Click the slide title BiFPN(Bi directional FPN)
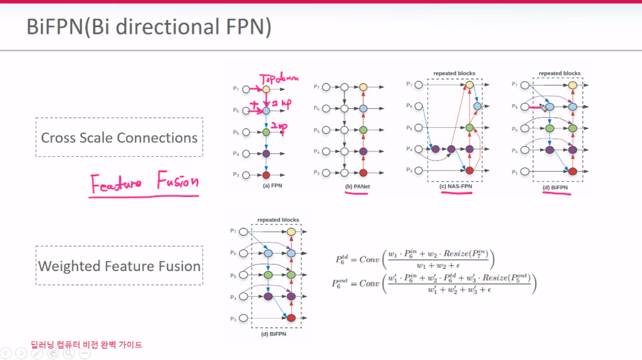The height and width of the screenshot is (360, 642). (x=149, y=28)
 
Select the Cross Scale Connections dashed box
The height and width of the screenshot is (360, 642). (x=119, y=137)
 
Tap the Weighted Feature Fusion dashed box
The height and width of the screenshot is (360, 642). (x=119, y=266)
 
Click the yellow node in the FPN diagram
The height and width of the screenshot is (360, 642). (x=266, y=89)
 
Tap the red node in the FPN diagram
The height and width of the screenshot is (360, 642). (x=266, y=175)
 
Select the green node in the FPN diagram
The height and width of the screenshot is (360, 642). (x=266, y=131)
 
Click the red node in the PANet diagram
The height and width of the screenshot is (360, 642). (x=363, y=173)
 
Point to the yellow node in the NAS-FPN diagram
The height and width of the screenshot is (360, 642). (x=469, y=85)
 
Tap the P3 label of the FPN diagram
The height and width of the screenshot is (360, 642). (x=235, y=175)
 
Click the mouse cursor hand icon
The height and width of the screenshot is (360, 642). (x=543, y=107)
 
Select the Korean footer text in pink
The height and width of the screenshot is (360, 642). (x=86, y=345)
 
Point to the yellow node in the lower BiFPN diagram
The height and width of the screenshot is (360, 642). (x=291, y=232)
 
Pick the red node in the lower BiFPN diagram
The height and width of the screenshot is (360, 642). (x=291, y=318)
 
